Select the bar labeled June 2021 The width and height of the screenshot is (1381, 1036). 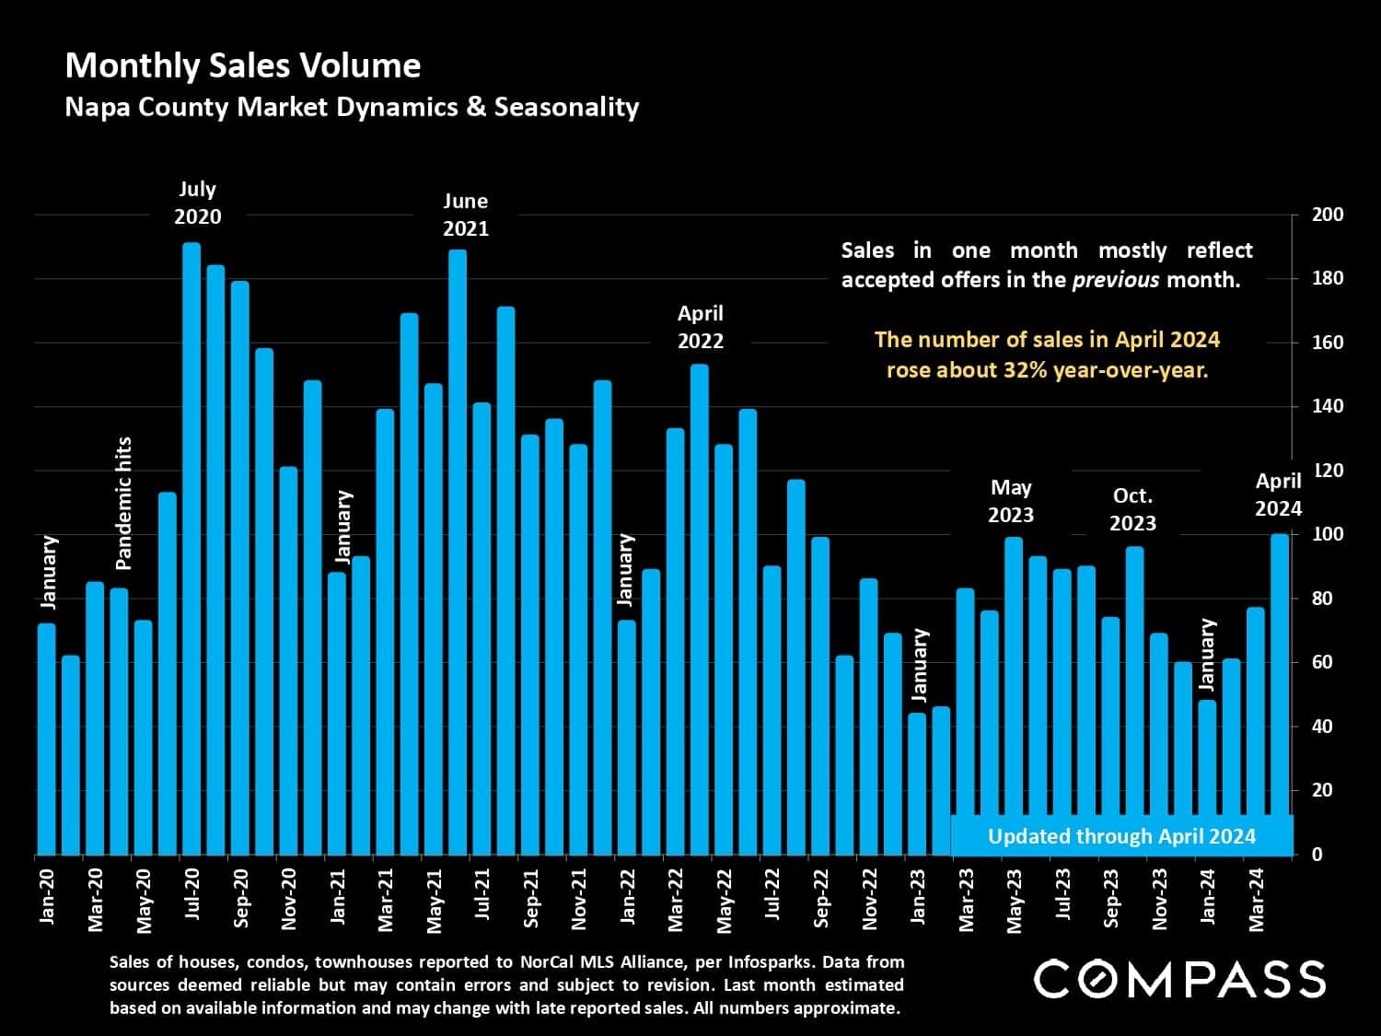[x=458, y=553]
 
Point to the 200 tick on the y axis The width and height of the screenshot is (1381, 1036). [x=1327, y=215]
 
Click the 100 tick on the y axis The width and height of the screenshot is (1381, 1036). [x=1327, y=534]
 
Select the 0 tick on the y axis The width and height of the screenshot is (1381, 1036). [x=1317, y=855]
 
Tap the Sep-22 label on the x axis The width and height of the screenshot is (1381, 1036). [x=821, y=898]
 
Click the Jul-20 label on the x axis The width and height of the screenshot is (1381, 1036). [x=192, y=895]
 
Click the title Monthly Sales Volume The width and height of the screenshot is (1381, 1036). [x=243, y=65]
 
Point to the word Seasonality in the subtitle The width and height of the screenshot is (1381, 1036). [x=566, y=107]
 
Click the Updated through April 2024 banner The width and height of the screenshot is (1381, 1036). [x=1121, y=836]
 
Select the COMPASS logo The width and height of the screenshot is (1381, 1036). [x=1179, y=979]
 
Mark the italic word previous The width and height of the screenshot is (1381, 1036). [x=1116, y=280]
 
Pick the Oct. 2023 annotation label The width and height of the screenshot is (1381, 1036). [x=1132, y=509]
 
